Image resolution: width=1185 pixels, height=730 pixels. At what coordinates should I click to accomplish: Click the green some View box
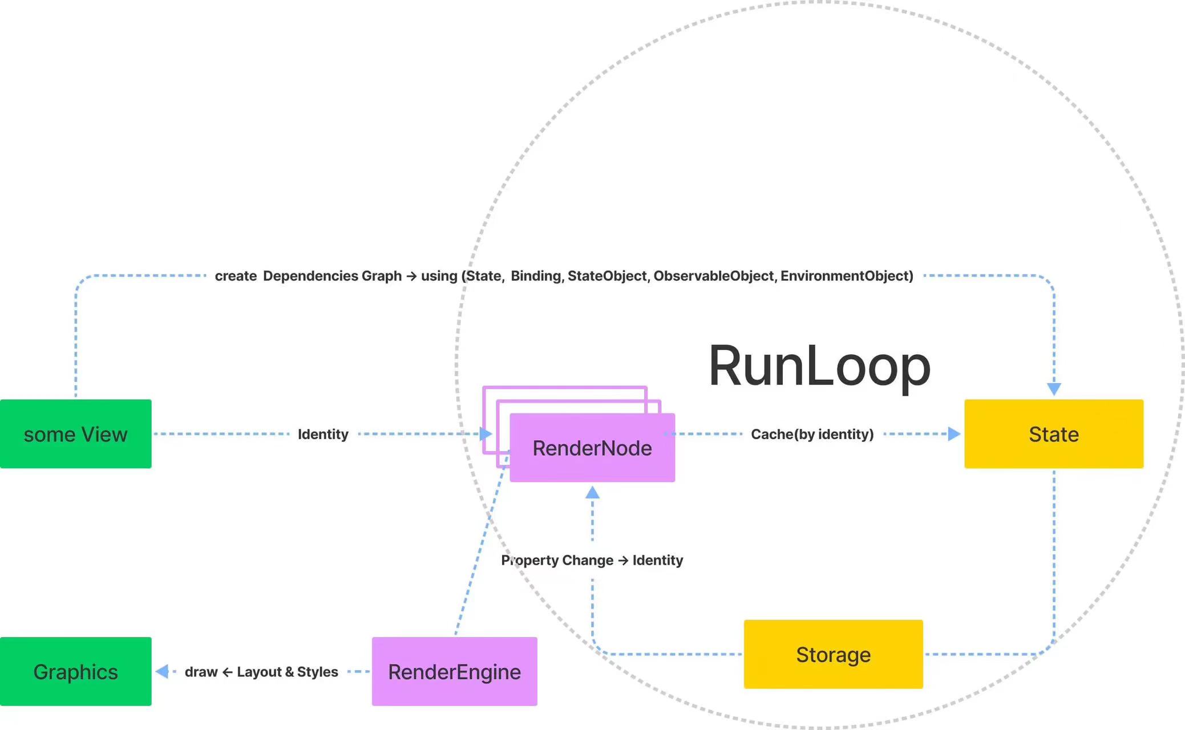(x=76, y=434)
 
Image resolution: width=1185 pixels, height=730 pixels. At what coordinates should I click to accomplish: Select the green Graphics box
(x=76, y=671)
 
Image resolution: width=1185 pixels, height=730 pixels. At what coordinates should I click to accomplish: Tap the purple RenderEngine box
(x=455, y=671)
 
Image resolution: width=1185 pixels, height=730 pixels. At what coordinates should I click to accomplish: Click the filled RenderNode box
(x=592, y=448)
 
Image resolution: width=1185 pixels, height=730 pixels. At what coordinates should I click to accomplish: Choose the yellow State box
(x=1054, y=434)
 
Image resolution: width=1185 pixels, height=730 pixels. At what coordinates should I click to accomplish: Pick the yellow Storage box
(x=834, y=654)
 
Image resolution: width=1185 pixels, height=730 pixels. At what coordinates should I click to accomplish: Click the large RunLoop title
(x=819, y=366)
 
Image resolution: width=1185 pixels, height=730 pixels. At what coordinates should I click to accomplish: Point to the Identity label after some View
(x=323, y=435)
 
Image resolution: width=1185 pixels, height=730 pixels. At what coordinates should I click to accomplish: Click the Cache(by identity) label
(x=812, y=435)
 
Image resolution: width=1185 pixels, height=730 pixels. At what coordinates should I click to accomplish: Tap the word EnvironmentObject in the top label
(x=847, y=276)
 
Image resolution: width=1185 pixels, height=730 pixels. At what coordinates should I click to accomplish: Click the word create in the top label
(x=236, y=276)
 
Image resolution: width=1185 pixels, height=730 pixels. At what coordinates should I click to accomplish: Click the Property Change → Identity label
(x=592, y=561)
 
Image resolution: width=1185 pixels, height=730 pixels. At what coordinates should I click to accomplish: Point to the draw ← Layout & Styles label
(x=261, y=672)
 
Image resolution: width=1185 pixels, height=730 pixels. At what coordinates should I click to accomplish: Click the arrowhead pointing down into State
(x=1054, y=390)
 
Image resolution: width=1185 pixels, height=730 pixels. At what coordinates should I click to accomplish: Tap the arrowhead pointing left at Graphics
(x=162, y=671)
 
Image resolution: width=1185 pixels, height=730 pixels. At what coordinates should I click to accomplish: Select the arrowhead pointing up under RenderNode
(x=592, y=492)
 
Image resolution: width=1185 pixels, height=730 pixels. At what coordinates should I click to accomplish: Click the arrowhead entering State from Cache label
(x=954, y=434)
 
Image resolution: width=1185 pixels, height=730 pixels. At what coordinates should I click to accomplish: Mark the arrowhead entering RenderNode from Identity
(x=486, y=434)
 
